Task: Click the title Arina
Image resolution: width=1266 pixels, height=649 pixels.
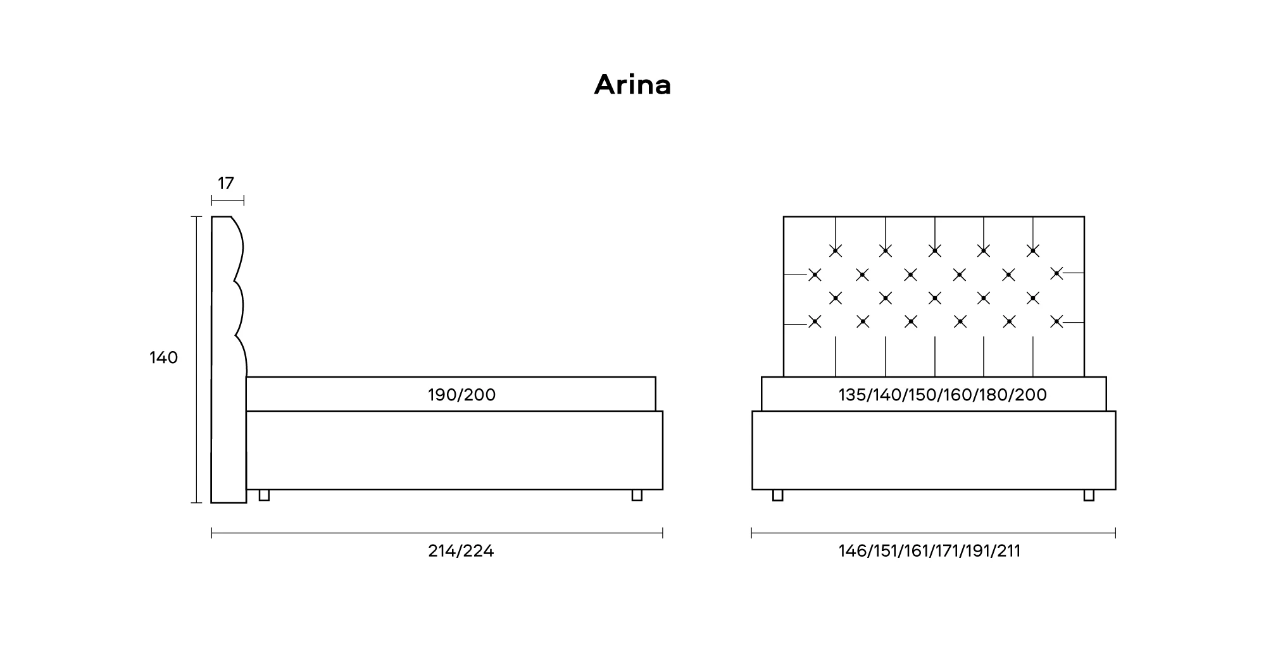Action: pyautogui.click(x=632, y=85)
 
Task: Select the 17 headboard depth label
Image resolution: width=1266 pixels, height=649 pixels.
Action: pyautogui.click(x=226, y=183)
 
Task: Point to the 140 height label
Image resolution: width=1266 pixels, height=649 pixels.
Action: pyautogui.click(x=163, y=358)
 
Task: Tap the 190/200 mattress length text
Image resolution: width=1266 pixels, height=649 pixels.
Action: pyautogui.click(x=461, y=395)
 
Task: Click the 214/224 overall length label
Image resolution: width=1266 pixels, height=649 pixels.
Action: pyautogui.click(x=461, y=551)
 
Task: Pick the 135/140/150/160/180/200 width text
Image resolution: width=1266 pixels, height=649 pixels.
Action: pyautogui.click(x=943, y=395)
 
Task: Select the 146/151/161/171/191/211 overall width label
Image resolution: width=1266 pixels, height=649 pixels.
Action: pyautogui.click(x=929, y=551)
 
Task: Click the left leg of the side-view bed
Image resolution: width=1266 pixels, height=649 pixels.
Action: pyautogui.click(x=264, y=495)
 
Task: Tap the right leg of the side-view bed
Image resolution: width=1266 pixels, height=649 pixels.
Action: pyautogui.click(x=637, y=495)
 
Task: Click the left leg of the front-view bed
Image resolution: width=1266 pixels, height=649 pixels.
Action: pyautogui.click(x=777, y=495)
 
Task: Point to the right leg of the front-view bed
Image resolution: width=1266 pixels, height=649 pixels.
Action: pyautogui.click(x=1089, y=495)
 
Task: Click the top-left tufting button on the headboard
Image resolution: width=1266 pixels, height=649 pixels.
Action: pyautogui.click(x=836, y=251)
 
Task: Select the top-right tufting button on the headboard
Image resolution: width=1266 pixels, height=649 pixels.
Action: pyautogui.click(x=1033, y=251)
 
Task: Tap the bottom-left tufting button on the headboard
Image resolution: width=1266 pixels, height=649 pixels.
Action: pyautogui.click(x=815, y=322)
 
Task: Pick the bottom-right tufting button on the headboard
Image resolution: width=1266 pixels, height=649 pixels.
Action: pyautogui.click(x=1056, y=322)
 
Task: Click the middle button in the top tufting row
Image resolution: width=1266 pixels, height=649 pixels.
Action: pyautogui.click(x=934, y=251)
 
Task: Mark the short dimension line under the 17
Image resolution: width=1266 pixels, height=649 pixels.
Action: pyautogui.click(x=227, y=201)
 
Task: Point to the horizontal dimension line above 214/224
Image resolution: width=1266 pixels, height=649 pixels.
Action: pyautogui.click(x=437, y=533)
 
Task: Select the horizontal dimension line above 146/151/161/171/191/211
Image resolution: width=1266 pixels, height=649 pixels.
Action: pyautogui.click(x=933, y=533)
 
